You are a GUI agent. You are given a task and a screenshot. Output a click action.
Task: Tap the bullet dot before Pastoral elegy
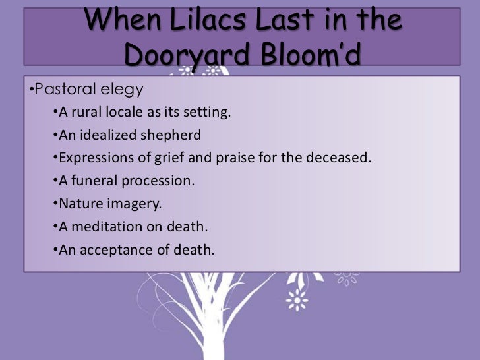[30, 88]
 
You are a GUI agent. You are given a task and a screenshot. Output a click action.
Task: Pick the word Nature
[78, 204]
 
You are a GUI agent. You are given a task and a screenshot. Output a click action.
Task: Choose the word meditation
[103, 227]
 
